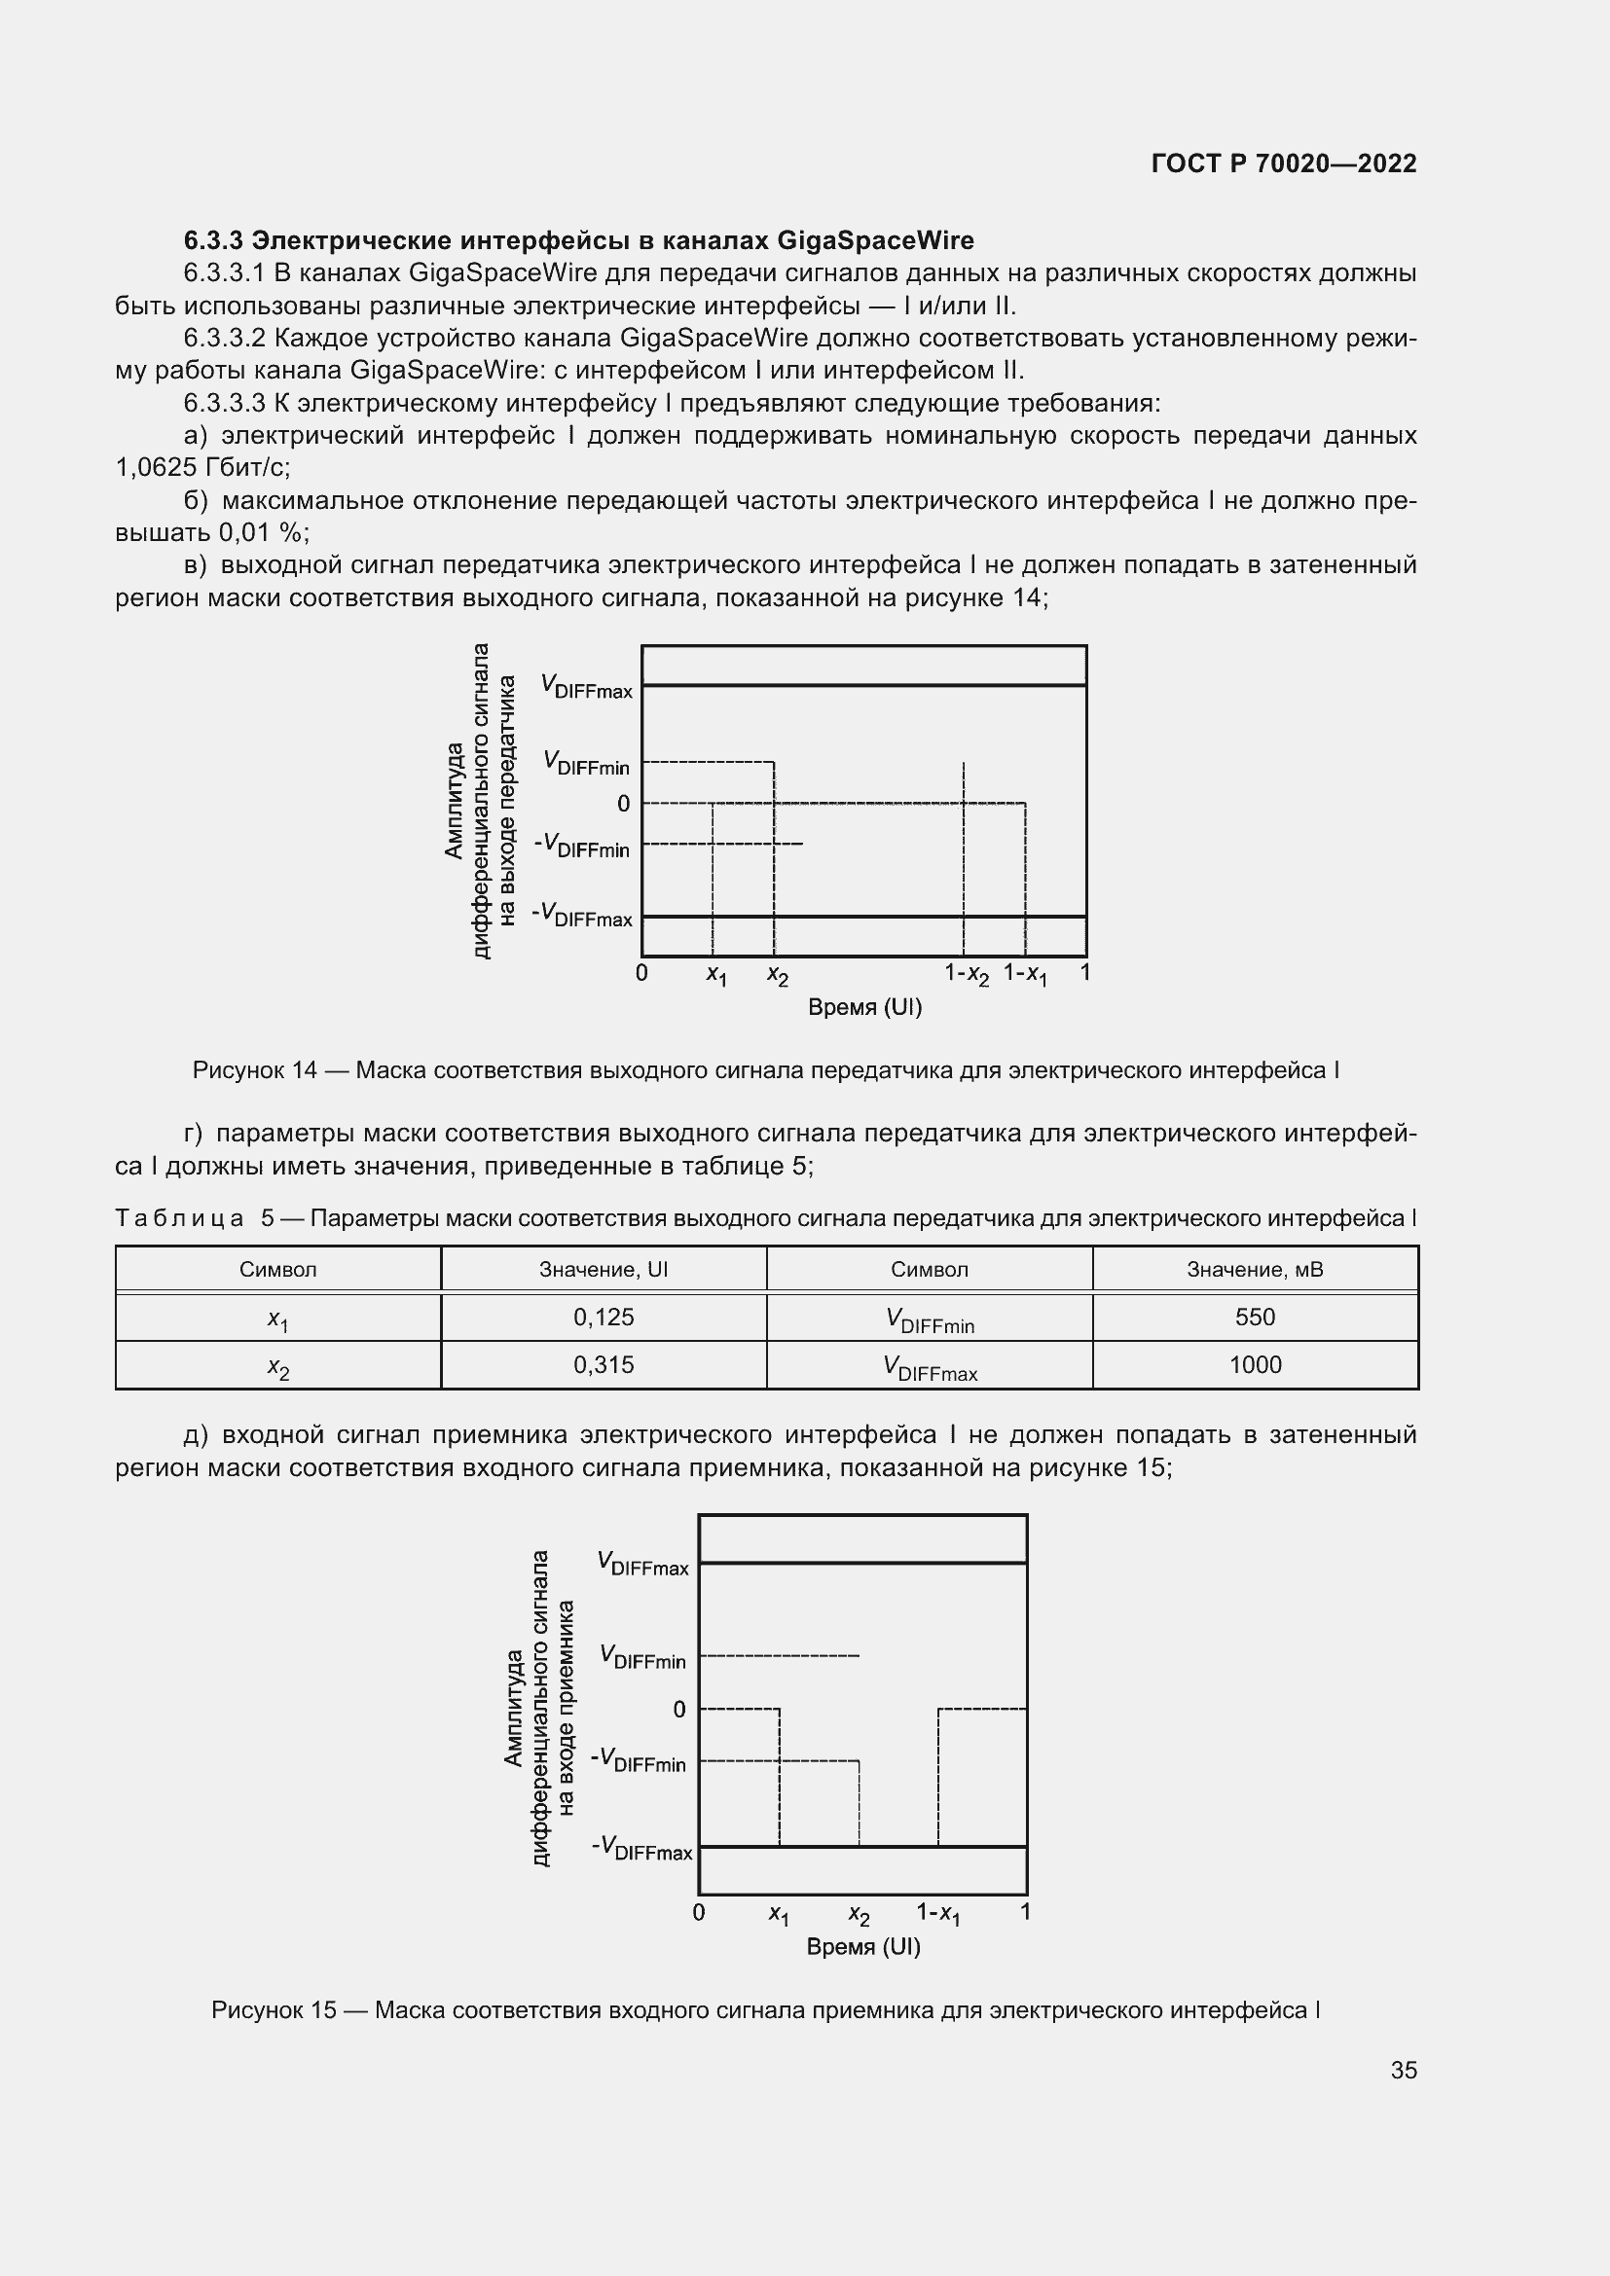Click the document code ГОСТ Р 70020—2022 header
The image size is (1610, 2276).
[x=1284, y=163]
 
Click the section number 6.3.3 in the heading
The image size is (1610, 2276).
[x=213, y=241]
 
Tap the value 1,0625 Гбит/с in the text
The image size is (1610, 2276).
[x=202, y=468]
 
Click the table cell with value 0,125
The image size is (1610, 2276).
[x=603, y=1318]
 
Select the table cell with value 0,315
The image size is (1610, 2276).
[x=603, y=1365]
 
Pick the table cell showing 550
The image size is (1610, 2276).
[x=1254, y=1318]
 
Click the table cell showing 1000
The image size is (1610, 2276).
[x=1254, y=1365]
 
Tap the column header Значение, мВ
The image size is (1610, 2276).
[x=1254, y=1270]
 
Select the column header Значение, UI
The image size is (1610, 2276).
[x=603, y=1270]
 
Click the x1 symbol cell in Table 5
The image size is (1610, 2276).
[x=277, y=1319]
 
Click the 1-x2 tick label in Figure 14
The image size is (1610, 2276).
[x=966, y=974]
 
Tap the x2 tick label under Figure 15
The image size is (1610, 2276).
[x=859, y=1914]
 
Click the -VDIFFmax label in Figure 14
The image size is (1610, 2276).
[x=582, y=915]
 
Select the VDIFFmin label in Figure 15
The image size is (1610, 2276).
[x=642, y=1656]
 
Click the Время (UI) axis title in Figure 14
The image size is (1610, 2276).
[x=864, y=1008]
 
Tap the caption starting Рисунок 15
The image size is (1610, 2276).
[x=764, y=2010]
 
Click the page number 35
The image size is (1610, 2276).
[x=1403, y=2071]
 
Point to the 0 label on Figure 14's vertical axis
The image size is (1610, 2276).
[x=623, y=804]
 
